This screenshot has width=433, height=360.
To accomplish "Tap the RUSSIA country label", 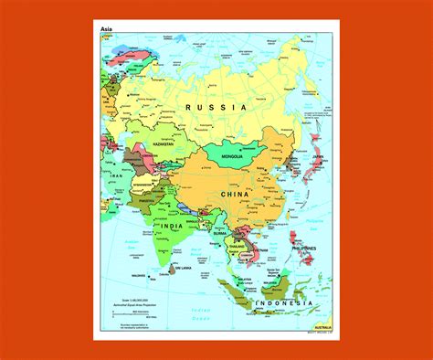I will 216,108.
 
